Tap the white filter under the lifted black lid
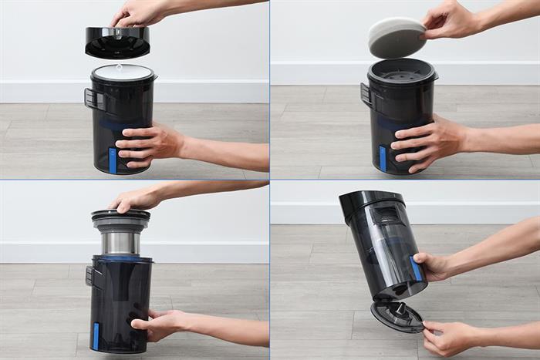(x=123, y=72)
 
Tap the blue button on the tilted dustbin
(x=417, y=268)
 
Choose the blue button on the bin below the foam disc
(x=383, y=158)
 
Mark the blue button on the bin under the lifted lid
(x=113, y=160)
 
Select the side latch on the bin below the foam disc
(x=366, y=94)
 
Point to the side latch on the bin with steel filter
(x=90, y=276)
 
